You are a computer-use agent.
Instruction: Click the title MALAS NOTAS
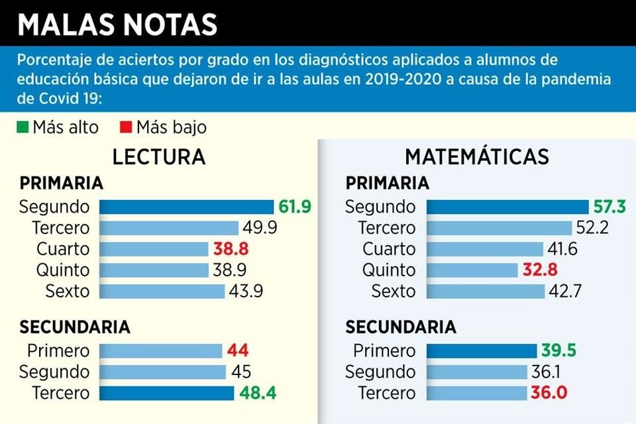point(118,25)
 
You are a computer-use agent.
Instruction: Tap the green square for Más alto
point(23,127)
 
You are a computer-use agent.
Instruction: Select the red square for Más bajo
point(126,127)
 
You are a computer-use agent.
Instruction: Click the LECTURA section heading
point(158,157)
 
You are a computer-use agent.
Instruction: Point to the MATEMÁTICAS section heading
point(477,157)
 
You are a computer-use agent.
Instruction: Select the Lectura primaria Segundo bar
point(186,207)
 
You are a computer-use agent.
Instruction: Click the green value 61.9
point(295,207)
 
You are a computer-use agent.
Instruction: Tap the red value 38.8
point(230,249)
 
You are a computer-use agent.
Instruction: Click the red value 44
point(237,350)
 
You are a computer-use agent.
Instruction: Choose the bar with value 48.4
point(166,393)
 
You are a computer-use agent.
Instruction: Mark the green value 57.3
point(609,207)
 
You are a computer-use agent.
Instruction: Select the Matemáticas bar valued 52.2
point(499,228)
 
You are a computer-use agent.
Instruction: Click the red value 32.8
point(537,270)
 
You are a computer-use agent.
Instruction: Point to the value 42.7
point(566,291)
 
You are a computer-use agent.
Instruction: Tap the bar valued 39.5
point(481,350)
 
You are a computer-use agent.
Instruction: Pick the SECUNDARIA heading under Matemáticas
point(401,327)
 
